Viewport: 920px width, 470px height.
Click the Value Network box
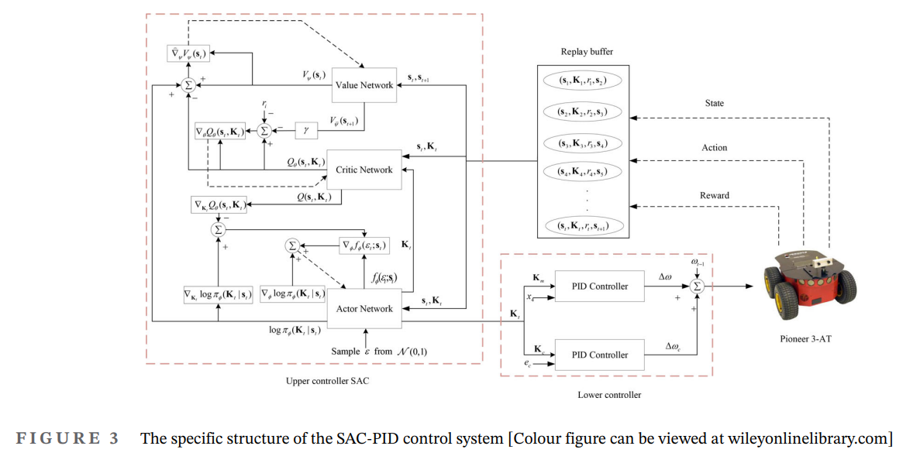[364, 84]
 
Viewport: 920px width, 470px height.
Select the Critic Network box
[364, 170]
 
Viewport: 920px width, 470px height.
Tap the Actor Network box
[364, 308]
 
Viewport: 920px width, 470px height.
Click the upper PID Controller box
[600, 286]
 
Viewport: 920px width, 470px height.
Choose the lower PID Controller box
[600, 355]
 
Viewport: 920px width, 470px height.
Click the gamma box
[306, 131]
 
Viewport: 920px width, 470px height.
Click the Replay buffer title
[587, 52]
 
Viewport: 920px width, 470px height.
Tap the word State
[714, 103]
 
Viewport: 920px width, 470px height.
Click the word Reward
[714, 195]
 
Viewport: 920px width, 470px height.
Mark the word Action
[714, 148]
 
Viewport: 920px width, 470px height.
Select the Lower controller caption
[609, 395]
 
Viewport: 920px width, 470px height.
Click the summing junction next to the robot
[697, 286]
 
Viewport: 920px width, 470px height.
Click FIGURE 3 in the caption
[68, 439]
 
